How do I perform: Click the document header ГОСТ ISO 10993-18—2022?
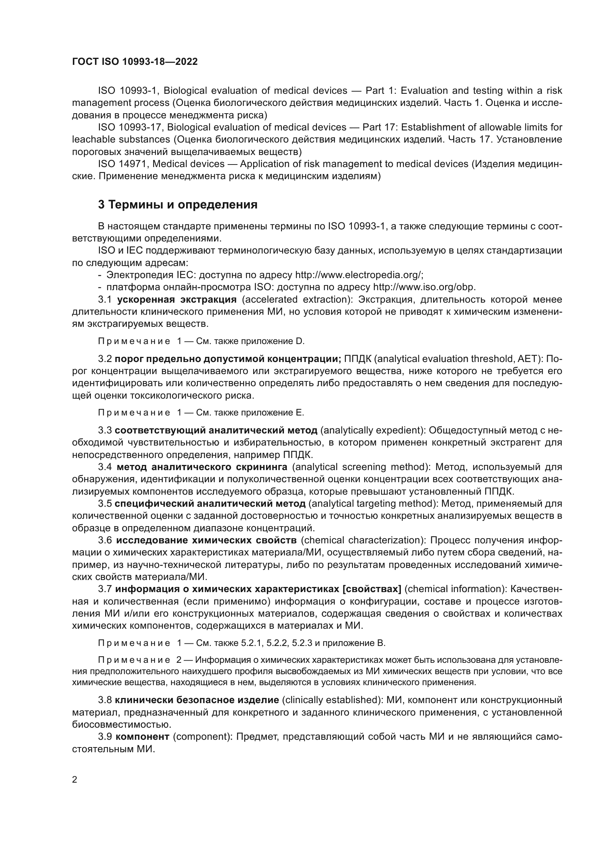point(135,62)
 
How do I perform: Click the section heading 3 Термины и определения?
point(178,204)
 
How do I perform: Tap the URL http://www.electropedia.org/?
point(359,275)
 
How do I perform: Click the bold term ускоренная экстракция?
point(177,299)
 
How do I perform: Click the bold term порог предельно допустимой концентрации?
point(228,359)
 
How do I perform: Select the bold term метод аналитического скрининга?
point(202,467)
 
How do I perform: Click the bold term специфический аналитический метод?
point(210,503)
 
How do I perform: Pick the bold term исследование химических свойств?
point(206,540)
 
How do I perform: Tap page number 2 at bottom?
point(75,779)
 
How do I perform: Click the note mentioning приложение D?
point(202,341)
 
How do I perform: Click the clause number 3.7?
point(105,589)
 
